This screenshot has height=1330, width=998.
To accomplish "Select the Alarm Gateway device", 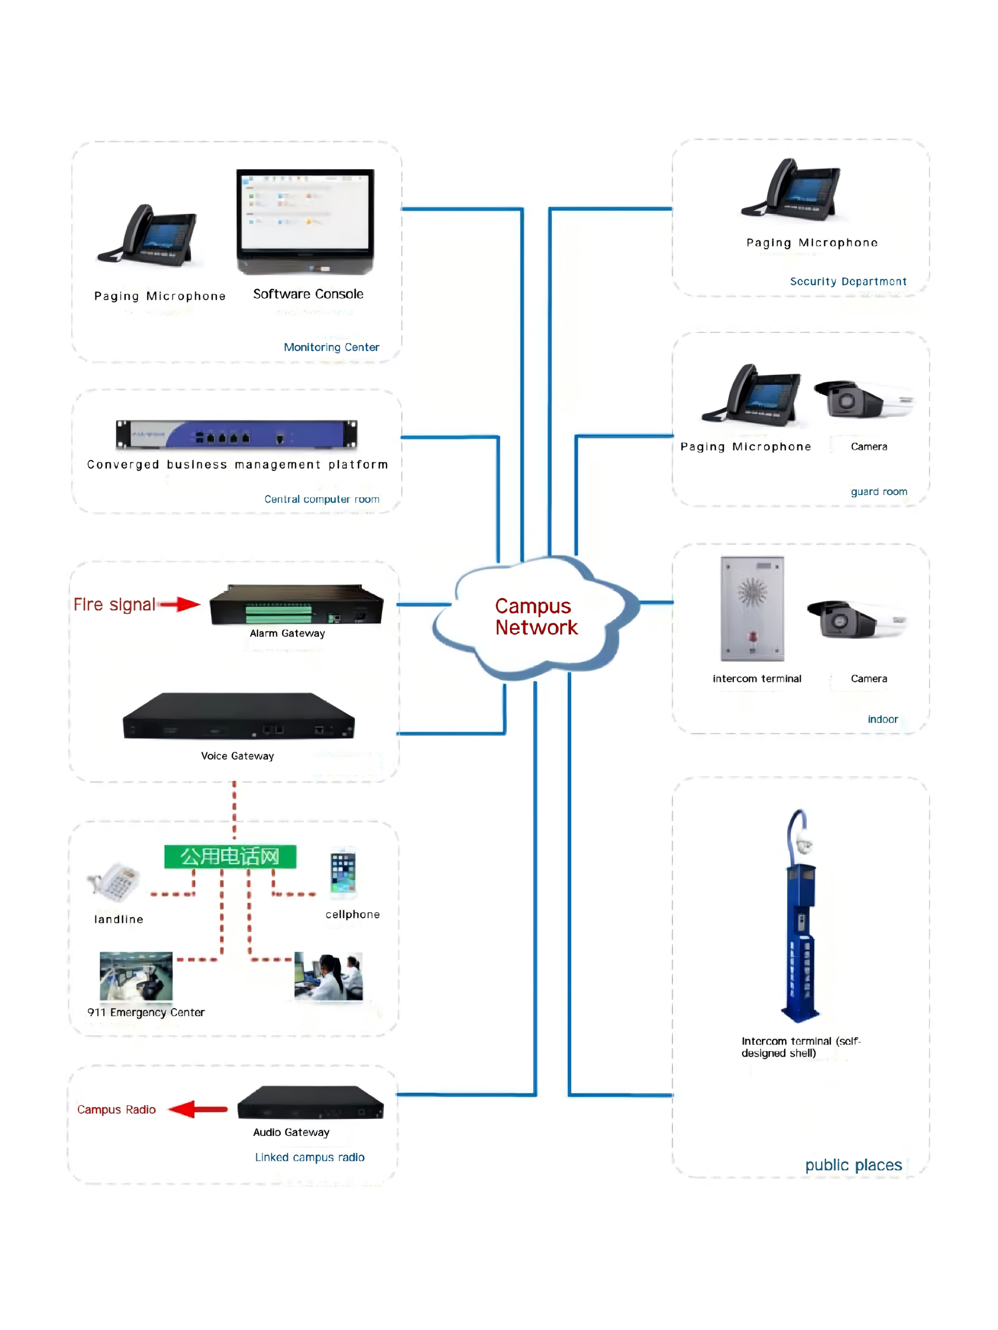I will pos(296,606).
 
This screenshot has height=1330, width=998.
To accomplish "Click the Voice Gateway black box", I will pos(238,716).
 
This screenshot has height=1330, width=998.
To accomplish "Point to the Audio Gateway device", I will pos(310,1102).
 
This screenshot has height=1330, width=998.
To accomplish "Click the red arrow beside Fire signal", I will pos(180,604).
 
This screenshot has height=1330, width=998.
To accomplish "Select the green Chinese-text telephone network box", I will pos(230,856).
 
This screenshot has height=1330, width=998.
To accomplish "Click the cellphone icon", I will pos(343,873).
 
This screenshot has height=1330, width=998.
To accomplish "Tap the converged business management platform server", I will pos(237,434).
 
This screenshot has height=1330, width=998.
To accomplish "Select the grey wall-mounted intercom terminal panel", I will pos(752,608).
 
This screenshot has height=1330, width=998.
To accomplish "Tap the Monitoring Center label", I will pos(331,347).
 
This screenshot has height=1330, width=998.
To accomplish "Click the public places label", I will pos(853,1165).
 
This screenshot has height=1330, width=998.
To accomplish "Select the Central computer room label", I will pos(321,499).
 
